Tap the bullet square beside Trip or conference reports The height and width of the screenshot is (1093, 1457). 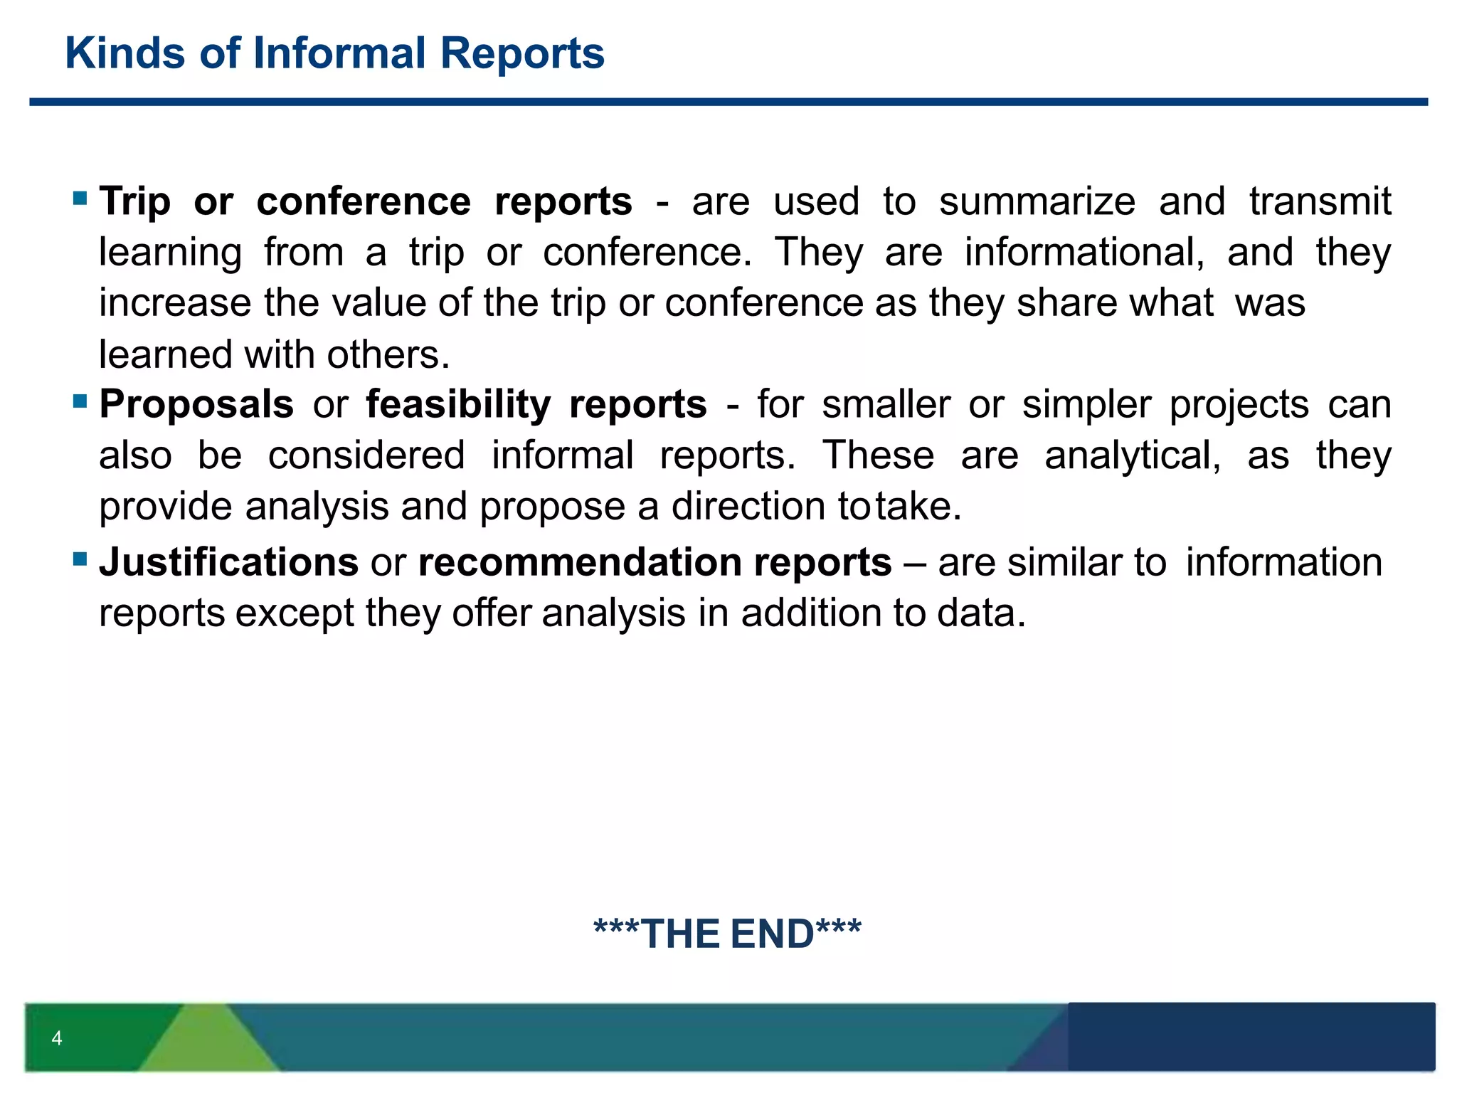[80, 197]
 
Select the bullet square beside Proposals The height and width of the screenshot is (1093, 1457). [80, 401]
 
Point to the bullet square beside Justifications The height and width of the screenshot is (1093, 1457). [80, 559]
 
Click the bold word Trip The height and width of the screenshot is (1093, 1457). [134, 202]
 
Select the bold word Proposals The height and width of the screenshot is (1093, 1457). [196, 405]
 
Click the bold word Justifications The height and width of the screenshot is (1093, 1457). [228, 563]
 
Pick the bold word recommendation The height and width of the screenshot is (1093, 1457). [579, 563]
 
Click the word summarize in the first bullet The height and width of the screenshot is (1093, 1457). [1037, 202]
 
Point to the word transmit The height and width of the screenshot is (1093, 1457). [1320, 202]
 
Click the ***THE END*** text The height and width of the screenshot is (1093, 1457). [727, 934]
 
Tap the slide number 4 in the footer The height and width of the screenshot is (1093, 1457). [57, 1038]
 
